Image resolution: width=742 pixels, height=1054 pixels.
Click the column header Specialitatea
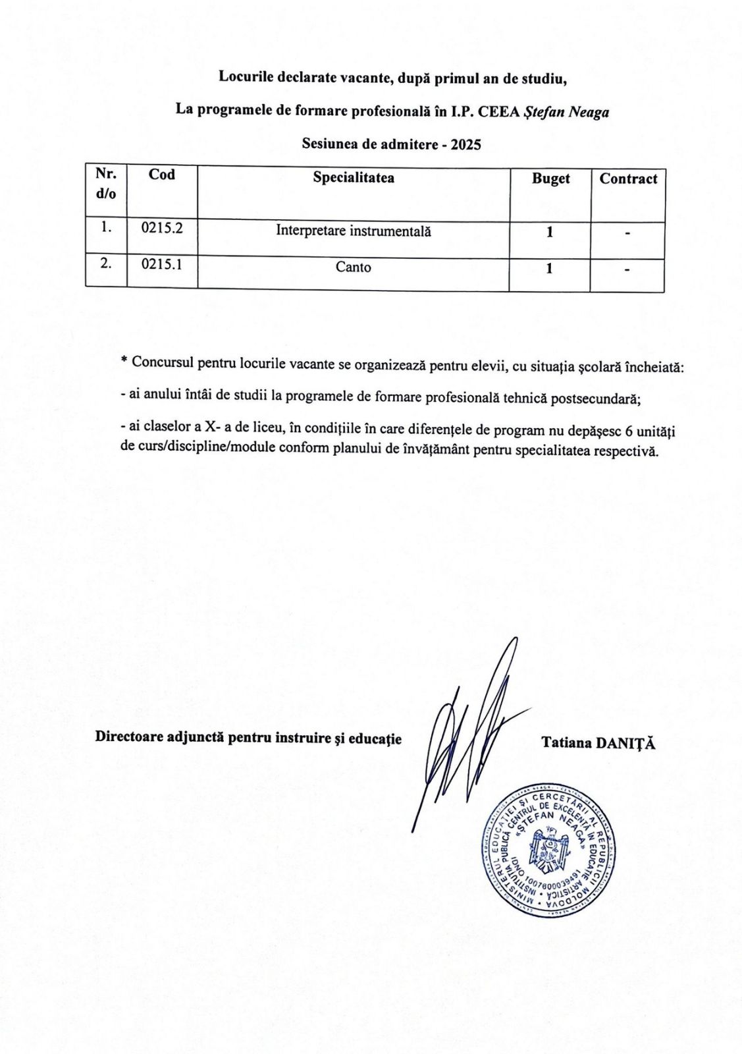pos(354,178)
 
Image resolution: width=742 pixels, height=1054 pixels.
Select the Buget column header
pos(550,179)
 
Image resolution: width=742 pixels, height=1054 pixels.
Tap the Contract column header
pos(628,179)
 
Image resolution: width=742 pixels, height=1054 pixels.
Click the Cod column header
pos(161,175)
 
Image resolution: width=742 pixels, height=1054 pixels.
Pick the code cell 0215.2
pos(161,228)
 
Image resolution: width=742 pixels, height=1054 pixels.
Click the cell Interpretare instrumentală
pos(354,231)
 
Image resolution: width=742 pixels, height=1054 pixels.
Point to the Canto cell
pos(354,267)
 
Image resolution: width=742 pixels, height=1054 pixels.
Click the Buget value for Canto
pos(549,269)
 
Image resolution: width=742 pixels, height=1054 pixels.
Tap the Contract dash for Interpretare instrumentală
pos(628,233)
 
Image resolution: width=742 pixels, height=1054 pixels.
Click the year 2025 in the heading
pos(465,144)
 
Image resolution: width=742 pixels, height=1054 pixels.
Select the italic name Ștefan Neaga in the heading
pos(566,112)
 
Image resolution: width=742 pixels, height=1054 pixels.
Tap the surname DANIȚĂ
pos(625,743)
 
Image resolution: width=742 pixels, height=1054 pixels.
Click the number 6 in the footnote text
pos(629,431)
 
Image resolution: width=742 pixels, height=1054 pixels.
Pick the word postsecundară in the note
pos(595,399)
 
